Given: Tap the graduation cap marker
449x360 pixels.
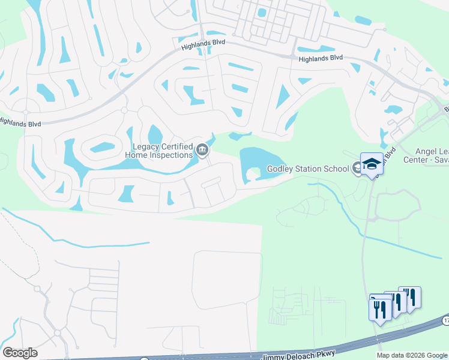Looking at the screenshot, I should pos(372,164).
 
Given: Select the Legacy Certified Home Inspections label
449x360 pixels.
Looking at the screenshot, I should pos(162,150).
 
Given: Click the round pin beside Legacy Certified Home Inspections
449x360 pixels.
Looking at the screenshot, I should pos(202,150).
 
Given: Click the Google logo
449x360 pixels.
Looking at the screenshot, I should pos(20,353).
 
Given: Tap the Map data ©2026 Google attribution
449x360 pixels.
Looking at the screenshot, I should pos(412,355).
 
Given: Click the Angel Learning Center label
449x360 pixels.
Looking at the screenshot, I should pos(432,155).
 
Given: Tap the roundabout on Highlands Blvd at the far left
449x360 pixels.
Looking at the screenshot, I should pos(26,112).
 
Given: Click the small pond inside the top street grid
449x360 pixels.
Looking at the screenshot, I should pos(262,12).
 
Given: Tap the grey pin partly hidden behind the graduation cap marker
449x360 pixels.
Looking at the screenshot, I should pos(358,169).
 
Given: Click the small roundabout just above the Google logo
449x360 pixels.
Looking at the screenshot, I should pos(58,332).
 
